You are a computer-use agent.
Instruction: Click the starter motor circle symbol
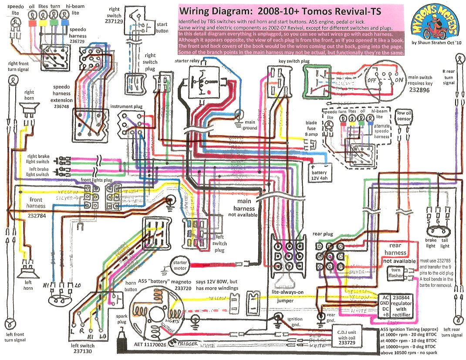pyautogui.click(x=180, y=265)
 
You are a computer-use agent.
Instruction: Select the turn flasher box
pyautogui.click(x=395, y=273)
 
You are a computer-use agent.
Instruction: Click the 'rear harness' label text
pyautogui.click(x=395, y=249)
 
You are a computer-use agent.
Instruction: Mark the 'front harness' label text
pyautogui.click(x=35, y=202)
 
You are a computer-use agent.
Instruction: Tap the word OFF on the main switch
pyautogui.click(x=371, y=81)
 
